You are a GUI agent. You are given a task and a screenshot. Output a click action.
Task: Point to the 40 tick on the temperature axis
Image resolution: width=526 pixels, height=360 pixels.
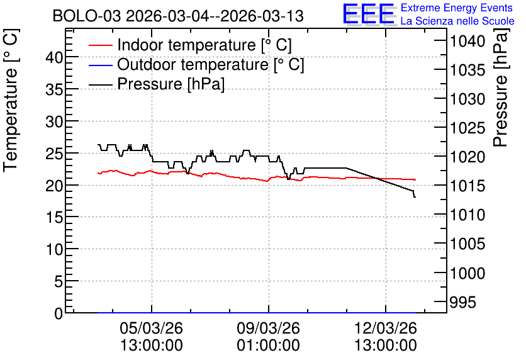(54, 57)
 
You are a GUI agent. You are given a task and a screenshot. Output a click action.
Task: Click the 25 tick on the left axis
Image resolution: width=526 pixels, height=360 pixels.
(54, 154)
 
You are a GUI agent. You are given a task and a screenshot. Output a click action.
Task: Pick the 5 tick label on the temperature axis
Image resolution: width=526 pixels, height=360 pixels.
(59, 281)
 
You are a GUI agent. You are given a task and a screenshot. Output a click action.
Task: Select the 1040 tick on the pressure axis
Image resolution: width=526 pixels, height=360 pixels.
(467, 42)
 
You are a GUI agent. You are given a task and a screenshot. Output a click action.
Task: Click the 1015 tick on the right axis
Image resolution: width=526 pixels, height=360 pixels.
(467, 186)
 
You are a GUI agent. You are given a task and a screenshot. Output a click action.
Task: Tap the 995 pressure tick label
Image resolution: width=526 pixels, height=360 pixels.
(462, 302)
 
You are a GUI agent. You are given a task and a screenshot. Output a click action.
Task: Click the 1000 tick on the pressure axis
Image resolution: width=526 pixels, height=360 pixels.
(467, 273)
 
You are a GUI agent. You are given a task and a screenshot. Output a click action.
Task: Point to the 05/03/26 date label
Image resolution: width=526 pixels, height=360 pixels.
(151, 328)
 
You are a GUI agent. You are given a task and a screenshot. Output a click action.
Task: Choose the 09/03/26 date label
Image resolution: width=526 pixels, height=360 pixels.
(269, 328)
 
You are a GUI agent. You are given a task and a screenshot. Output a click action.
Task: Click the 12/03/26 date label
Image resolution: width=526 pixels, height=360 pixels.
(386, 328)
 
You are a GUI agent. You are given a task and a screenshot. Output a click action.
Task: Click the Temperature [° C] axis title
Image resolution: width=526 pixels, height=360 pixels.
(11, 101)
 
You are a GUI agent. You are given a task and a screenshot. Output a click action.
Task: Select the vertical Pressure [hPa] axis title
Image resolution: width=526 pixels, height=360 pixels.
(501, 87)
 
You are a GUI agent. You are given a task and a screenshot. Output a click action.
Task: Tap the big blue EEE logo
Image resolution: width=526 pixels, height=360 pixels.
(369, 14)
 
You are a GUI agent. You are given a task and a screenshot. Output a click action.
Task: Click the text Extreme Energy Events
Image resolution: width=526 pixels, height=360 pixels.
(457, 8)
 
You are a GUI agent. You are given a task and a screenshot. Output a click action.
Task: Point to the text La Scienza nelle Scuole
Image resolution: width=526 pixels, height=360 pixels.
(457, 21)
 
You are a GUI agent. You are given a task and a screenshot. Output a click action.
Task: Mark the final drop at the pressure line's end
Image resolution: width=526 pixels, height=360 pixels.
(414, 194)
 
